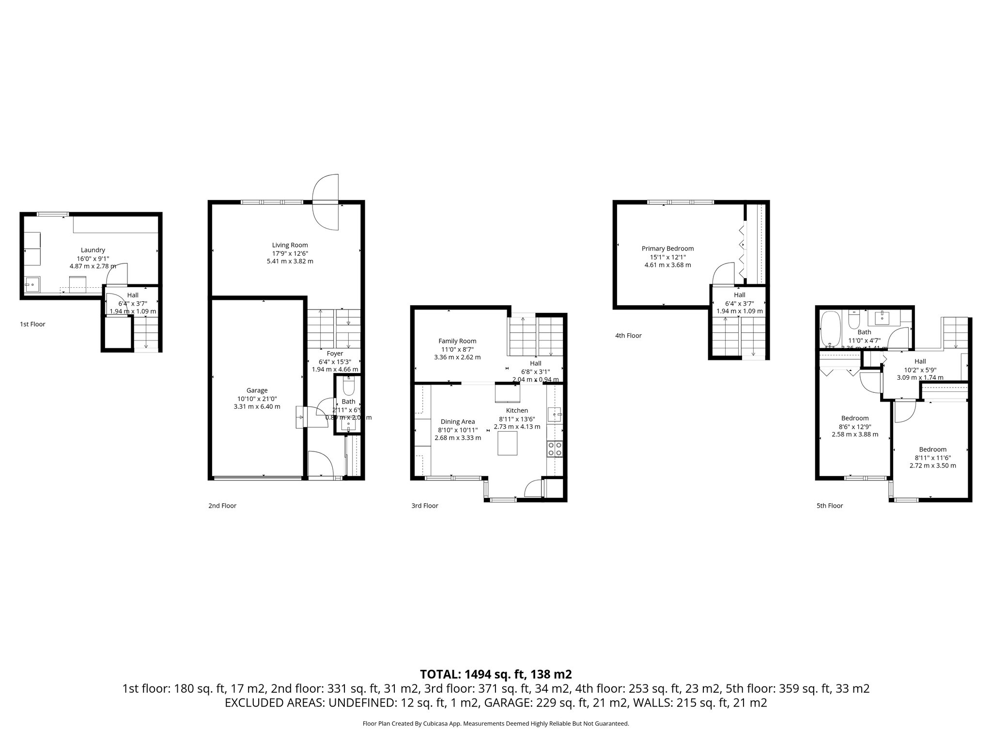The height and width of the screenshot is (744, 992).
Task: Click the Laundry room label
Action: coord(93,250)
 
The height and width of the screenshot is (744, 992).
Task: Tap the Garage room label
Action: coord(257,390)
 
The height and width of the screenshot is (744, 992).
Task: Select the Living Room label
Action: coord(290,245)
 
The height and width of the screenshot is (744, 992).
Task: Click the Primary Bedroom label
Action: coord(667,248)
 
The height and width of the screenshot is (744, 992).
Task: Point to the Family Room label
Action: coord(457,341)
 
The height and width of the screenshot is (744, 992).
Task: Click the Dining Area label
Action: coord(457,421)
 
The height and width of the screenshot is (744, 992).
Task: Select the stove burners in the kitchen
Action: coord(555,449)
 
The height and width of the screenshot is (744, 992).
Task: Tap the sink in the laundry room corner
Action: coord(32,284)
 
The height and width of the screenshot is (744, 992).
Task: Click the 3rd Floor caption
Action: coord(424,506)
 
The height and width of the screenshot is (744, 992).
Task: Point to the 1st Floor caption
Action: coord(32,324)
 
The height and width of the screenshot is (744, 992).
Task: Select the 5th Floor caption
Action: coord(829,506)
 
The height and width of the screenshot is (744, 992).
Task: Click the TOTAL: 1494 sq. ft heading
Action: coord(496,674)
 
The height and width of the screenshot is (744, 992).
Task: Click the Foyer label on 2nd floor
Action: coord(335,354)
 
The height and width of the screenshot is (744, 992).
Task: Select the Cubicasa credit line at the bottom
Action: coord(496,724)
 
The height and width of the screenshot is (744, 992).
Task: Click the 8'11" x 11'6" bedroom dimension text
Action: coord(932,457)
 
